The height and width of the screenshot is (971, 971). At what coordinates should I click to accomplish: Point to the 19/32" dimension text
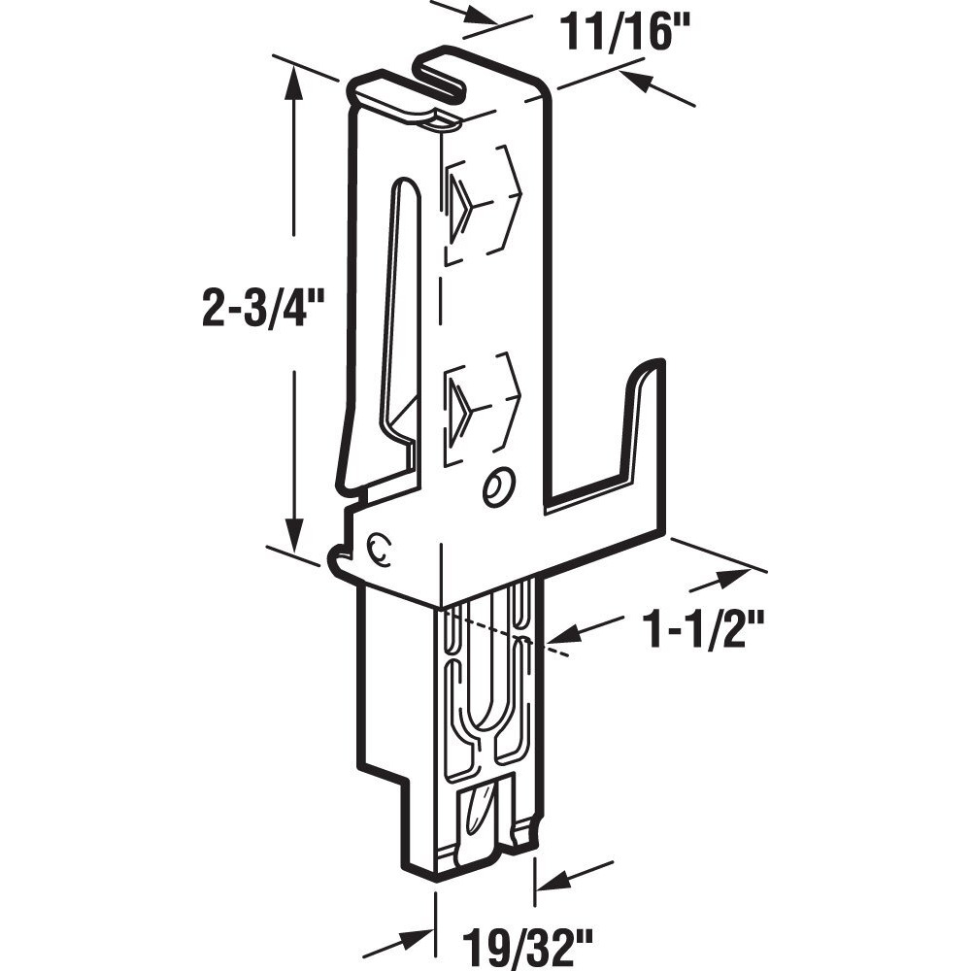click(528, 940)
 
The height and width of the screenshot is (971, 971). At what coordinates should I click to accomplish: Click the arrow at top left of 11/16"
click(476, 16)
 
